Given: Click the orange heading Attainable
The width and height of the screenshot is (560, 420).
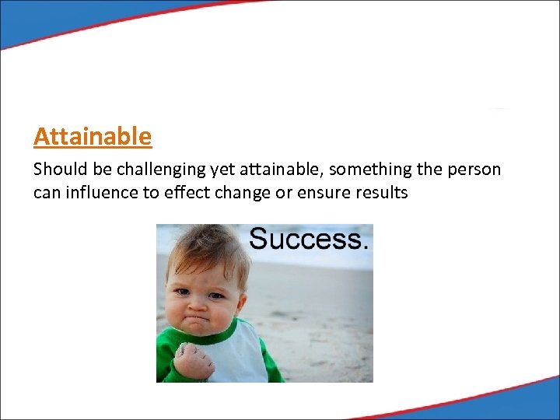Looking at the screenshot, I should [93, 137].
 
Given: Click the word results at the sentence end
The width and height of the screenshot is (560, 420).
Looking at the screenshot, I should [382, 193].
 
